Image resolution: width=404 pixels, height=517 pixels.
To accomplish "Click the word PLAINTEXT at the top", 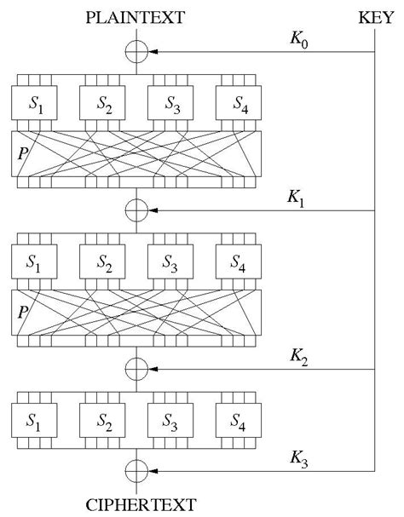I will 137,16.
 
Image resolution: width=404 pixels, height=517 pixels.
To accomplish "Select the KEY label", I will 376,16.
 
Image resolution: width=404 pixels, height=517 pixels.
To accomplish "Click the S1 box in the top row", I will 35,105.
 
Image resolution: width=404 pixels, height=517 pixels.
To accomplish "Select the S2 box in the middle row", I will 103,263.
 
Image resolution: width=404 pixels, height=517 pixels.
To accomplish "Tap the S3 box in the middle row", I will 171,263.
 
